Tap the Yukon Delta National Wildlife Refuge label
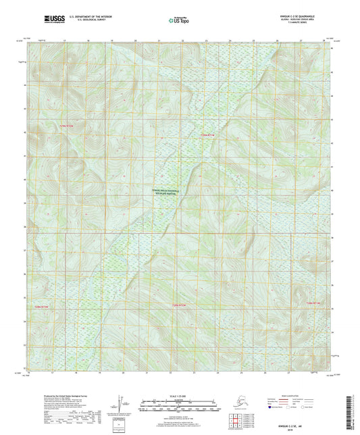tap(165, 193)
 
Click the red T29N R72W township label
tap(68, 126)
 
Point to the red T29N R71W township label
tap(210, 135)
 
